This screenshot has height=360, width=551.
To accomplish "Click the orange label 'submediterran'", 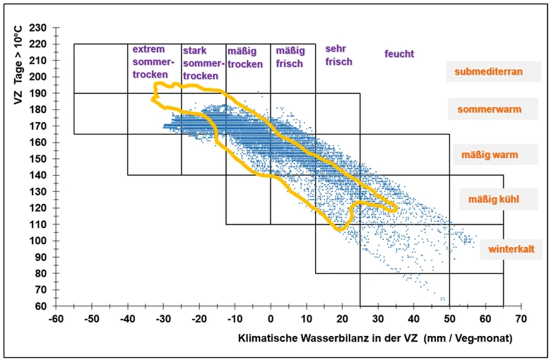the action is (488, 72).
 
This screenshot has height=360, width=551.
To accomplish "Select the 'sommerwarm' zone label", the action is (489, 109).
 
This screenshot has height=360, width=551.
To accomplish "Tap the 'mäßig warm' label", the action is (490, 155).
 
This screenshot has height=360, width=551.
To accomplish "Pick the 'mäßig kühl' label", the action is (493, 200).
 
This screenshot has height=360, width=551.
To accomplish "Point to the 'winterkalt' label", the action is (511, 249).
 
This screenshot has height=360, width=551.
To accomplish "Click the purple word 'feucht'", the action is (399, 54).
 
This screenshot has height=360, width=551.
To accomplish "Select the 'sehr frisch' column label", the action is (338, 55).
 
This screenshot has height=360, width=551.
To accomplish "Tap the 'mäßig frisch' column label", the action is (290, 57).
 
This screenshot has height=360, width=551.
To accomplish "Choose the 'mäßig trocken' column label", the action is (245, 58).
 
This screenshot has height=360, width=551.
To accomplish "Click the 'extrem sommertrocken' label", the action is (153, 62).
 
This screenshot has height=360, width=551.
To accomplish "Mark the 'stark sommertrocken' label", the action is (203, 64).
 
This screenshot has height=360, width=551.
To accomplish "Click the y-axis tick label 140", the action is (38, 175).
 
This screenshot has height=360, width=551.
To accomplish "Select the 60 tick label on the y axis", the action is (41, 306).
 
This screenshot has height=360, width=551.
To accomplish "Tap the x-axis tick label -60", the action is (57, 319).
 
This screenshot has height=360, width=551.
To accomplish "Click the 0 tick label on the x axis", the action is (271, 319).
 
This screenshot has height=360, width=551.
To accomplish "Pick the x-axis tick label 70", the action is (521, 319).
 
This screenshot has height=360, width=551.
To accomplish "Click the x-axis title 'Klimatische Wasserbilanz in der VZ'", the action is (328, 338).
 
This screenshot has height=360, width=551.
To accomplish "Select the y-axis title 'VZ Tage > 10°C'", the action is (18, 66).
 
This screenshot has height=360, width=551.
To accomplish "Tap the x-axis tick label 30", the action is (378, 319).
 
